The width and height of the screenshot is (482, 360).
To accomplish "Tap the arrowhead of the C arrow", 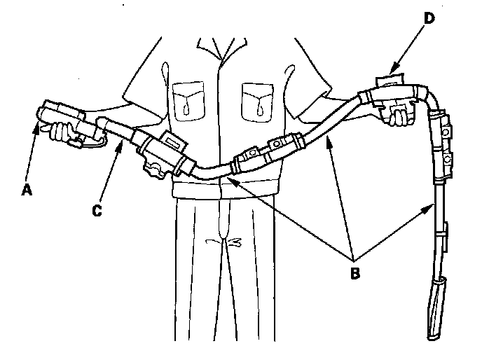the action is point(125,139).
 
